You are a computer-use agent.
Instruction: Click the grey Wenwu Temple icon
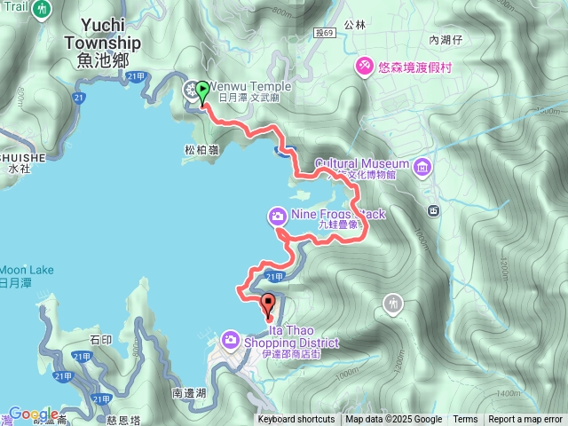[x=191, y=89]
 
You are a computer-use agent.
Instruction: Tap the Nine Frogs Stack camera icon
[x=277, y=215]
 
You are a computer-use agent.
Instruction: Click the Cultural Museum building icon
[x=421, y=165]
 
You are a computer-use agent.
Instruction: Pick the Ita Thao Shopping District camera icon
[x=230, y=338]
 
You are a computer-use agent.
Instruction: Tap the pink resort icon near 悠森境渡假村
[x=364, y=66]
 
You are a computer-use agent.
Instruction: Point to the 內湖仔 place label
[x=446, y=40]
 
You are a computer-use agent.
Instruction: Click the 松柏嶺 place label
[x=201, y=151]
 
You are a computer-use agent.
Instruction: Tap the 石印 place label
[x=101, y=338]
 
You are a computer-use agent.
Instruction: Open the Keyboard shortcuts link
[x=296, y=420]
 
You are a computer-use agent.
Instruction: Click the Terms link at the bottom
[x=465, y=420]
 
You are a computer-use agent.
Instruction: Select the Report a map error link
[x=525, y=420]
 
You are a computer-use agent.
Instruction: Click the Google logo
[x=33, y=414]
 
